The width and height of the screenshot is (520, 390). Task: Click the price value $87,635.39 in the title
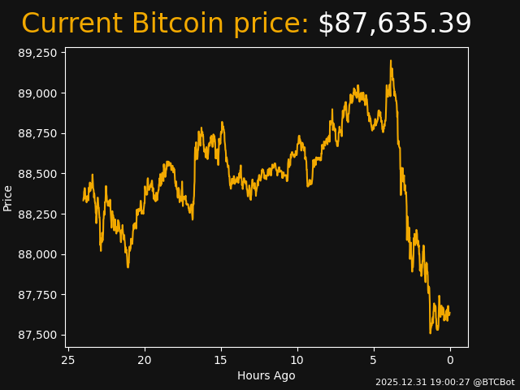pos(394,24)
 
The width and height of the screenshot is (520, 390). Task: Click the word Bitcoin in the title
pos(177,24)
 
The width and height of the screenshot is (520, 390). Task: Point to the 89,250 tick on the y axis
pos(38,53)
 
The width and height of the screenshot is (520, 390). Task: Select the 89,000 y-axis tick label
pos(38,93)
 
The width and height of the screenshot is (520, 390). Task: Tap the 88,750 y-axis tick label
pos(38,133)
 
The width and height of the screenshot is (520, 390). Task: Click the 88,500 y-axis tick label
pos(38,174)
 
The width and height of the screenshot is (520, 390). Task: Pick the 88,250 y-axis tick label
pos(38,214)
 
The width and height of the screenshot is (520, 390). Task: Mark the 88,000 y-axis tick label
pos(38,254)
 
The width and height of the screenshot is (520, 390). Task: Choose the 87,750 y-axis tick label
pos(38,295)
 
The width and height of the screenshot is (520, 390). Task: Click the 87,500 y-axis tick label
pos(38,336)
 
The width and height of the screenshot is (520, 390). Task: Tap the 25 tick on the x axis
pos(68,360)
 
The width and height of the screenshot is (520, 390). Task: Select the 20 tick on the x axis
pos(145,360)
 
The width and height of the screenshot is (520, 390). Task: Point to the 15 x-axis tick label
pos(221,360)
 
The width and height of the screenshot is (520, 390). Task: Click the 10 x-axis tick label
pos(297,360)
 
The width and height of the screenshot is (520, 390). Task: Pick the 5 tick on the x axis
pos(374,360)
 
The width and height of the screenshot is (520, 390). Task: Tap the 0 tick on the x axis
pos(450,360)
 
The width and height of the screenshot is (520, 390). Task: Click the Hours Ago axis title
pos(266,375)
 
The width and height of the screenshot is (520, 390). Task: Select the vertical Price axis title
pos(8,197)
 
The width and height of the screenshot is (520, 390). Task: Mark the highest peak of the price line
pos(390,61)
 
